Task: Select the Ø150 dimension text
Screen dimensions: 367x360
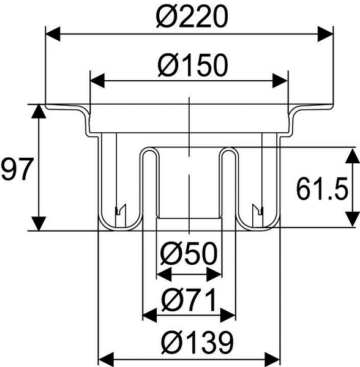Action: pos(190,63)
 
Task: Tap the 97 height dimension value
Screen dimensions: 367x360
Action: pos(15,169)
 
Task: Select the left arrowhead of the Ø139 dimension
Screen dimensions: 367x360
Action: pos(106,357)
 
